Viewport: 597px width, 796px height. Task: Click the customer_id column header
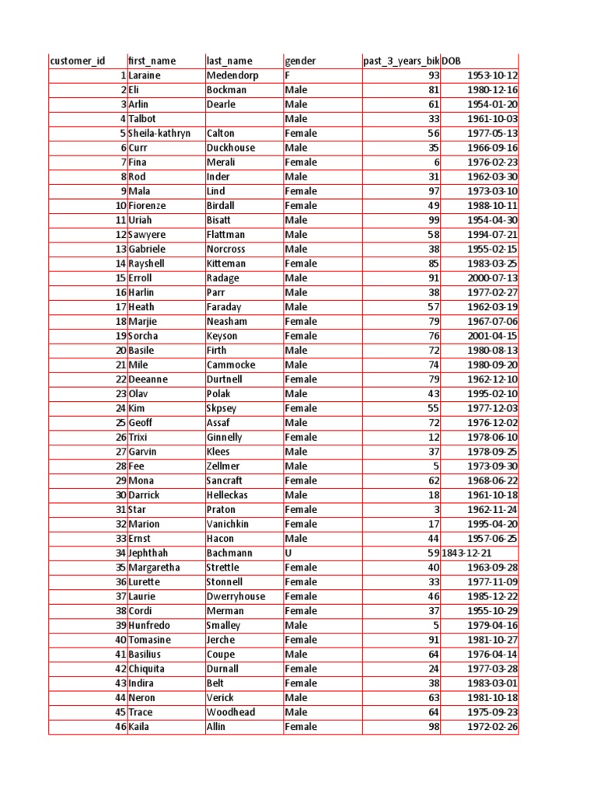coord(77,61)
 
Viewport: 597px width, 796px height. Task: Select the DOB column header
coord(452,61)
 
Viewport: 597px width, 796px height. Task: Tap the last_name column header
coord(229,61)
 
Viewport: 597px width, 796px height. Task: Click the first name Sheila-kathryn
coord(159,133)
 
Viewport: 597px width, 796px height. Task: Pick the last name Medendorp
coord(232,75)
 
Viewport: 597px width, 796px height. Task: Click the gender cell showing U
coord(288,553)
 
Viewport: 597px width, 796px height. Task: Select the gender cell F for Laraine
coord(288,75)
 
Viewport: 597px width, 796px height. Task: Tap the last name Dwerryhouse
coord(236,596)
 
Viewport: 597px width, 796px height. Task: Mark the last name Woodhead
coord(231,712)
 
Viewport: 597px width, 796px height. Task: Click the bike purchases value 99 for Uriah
coord(434,220)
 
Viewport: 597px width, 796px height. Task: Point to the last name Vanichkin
coord(228,524)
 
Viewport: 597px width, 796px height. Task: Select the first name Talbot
coord(142,119)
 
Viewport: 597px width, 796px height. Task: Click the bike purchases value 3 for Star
coord(437,509)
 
